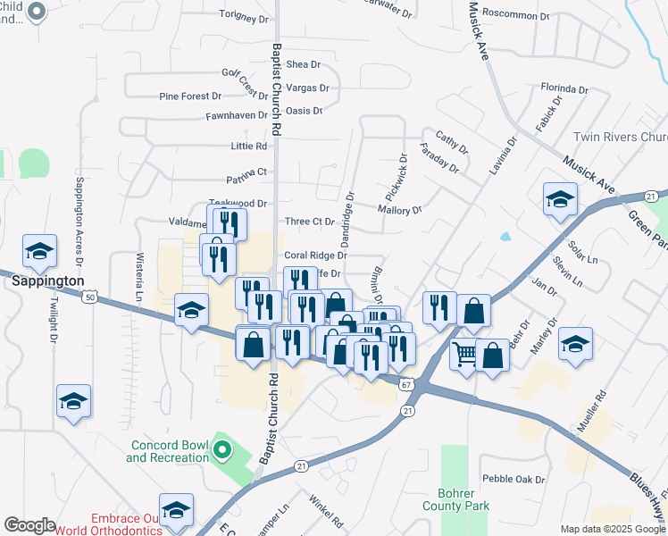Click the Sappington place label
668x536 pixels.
[x=47, y=281]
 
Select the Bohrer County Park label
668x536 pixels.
[x=464, y=499]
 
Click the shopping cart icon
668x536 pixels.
[x=465, y=356]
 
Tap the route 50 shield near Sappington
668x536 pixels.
[x=91, y=296]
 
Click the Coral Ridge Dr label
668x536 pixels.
[x=314, y=255]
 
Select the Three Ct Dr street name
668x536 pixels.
[x=309, y=222]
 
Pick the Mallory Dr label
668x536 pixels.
[x=399, y=210]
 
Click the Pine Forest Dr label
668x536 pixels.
[x=189, y=96]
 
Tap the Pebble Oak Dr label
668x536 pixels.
[x=514, y=480]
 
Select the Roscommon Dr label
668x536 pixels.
[x=515, y=15]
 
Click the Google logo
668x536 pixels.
[x=30, y=524]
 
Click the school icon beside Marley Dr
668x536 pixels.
[x=575, y=344]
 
